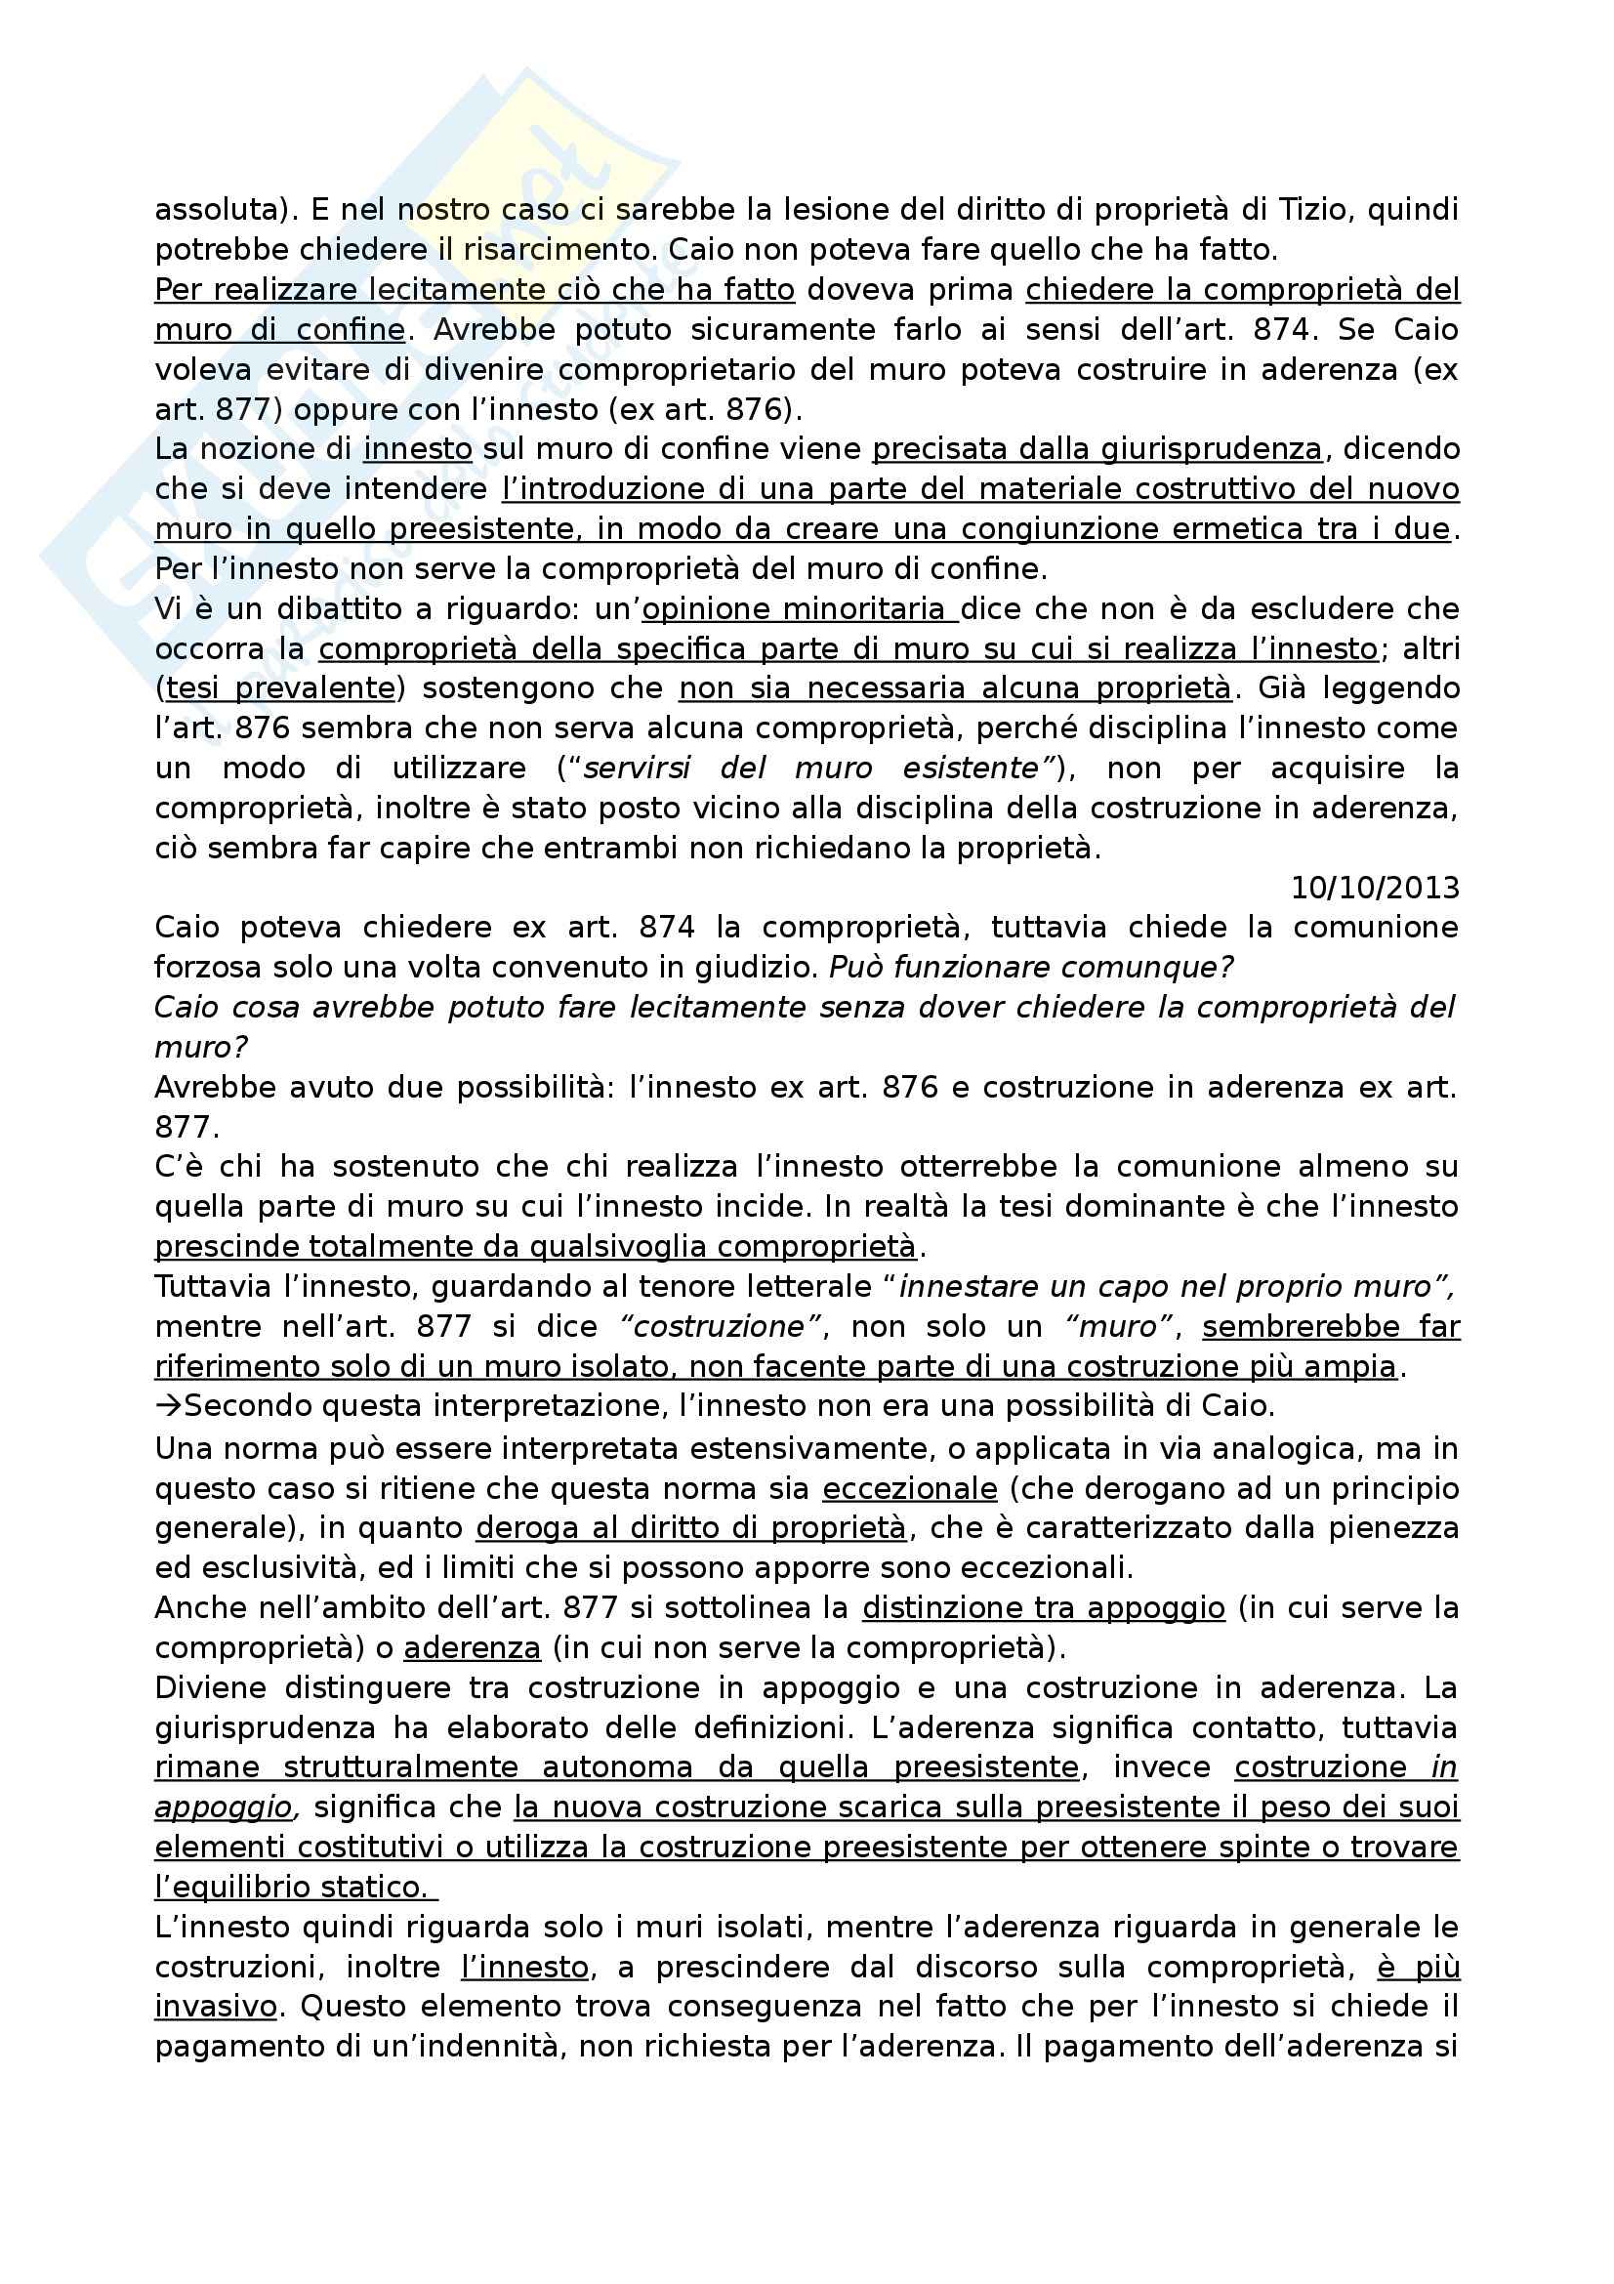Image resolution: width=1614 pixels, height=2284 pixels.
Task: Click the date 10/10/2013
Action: coord(1375,888)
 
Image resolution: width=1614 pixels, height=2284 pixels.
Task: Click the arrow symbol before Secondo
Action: coord(169,1405)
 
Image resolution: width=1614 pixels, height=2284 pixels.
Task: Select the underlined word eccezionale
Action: coord(909,1488)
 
